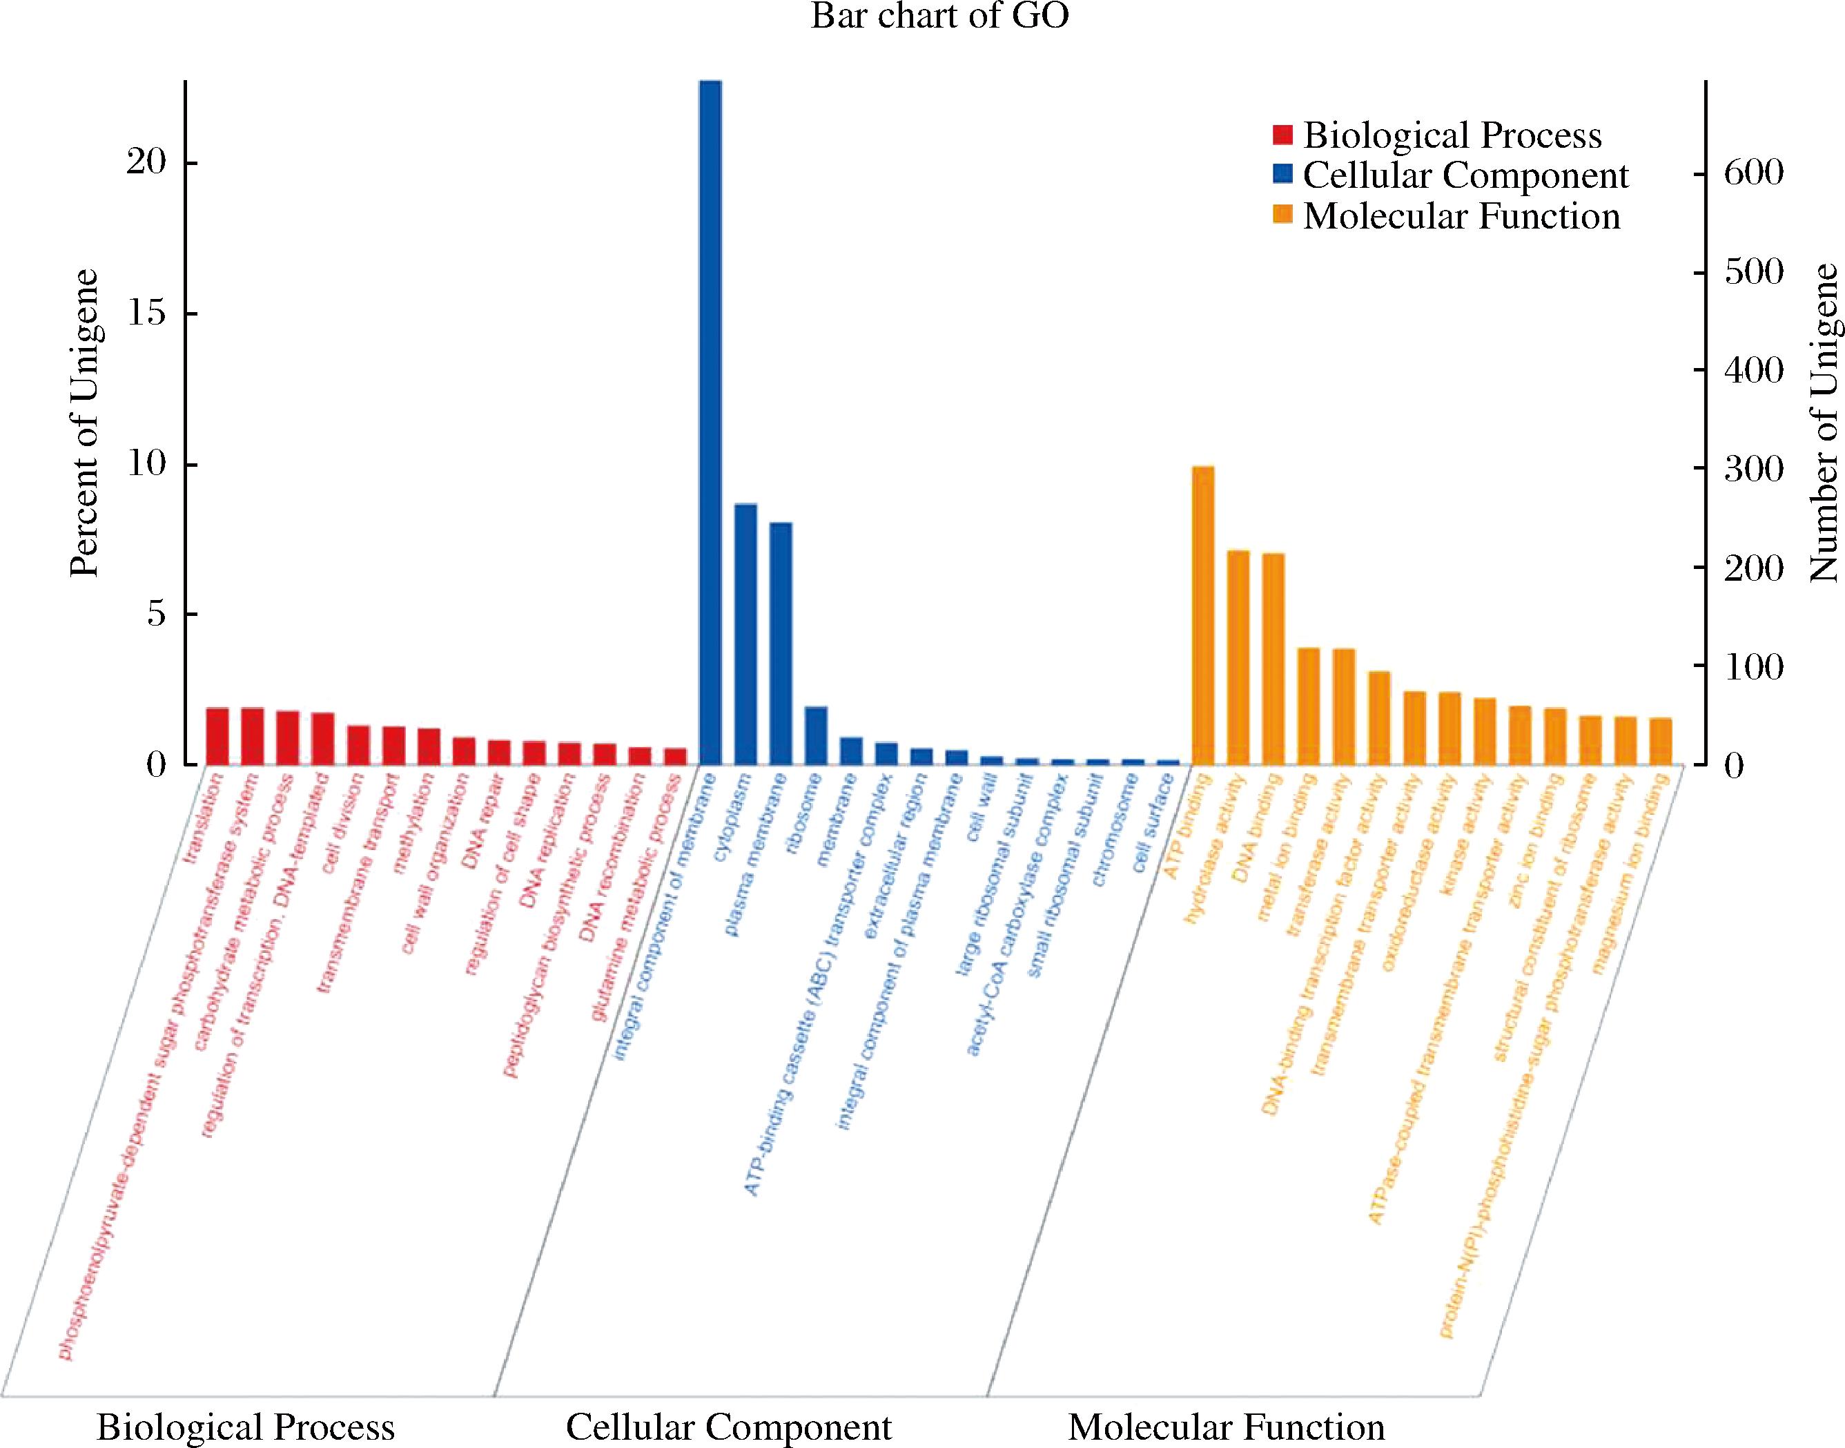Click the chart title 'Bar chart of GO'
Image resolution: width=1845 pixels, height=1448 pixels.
tap(939, 17)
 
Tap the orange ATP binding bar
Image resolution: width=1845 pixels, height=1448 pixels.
tap(1202, 615)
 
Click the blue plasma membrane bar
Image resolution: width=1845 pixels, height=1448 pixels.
tap(780, 644)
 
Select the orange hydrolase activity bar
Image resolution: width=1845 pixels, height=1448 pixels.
tap(1238, 657)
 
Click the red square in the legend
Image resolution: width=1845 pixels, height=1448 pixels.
tap(1282, 135)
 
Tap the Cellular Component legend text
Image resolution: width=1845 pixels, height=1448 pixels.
tap(1465, 175)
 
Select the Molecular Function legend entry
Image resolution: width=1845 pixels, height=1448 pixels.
tap(1461, 216)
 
